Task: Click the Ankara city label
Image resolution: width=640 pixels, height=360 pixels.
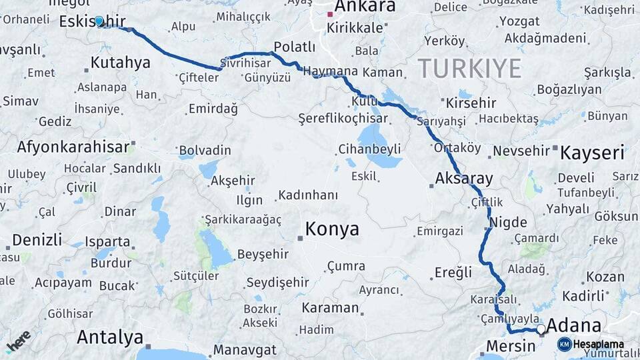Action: coord(365,7)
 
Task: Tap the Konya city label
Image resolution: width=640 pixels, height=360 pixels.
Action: coord(332,229)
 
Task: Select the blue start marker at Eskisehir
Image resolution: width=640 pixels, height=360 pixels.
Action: coord(99,21)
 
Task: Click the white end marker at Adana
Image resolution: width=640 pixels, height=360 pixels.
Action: coord(541,329)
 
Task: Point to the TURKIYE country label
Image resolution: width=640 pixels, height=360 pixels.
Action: coord(469,69)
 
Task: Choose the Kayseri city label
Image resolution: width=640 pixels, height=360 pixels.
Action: coord(592,153)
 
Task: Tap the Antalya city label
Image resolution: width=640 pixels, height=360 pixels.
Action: coord(110,337)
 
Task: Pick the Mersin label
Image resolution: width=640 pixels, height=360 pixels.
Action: coord(511,346)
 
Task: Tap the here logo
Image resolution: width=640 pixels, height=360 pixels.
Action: coord(18,341)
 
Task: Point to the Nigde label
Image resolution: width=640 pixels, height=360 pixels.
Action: coord(508,223)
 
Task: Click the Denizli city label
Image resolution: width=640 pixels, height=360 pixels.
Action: coord(37,240)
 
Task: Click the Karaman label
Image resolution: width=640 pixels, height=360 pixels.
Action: coord(330,308)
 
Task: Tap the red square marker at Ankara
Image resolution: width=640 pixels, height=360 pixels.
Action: coord(330,13)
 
